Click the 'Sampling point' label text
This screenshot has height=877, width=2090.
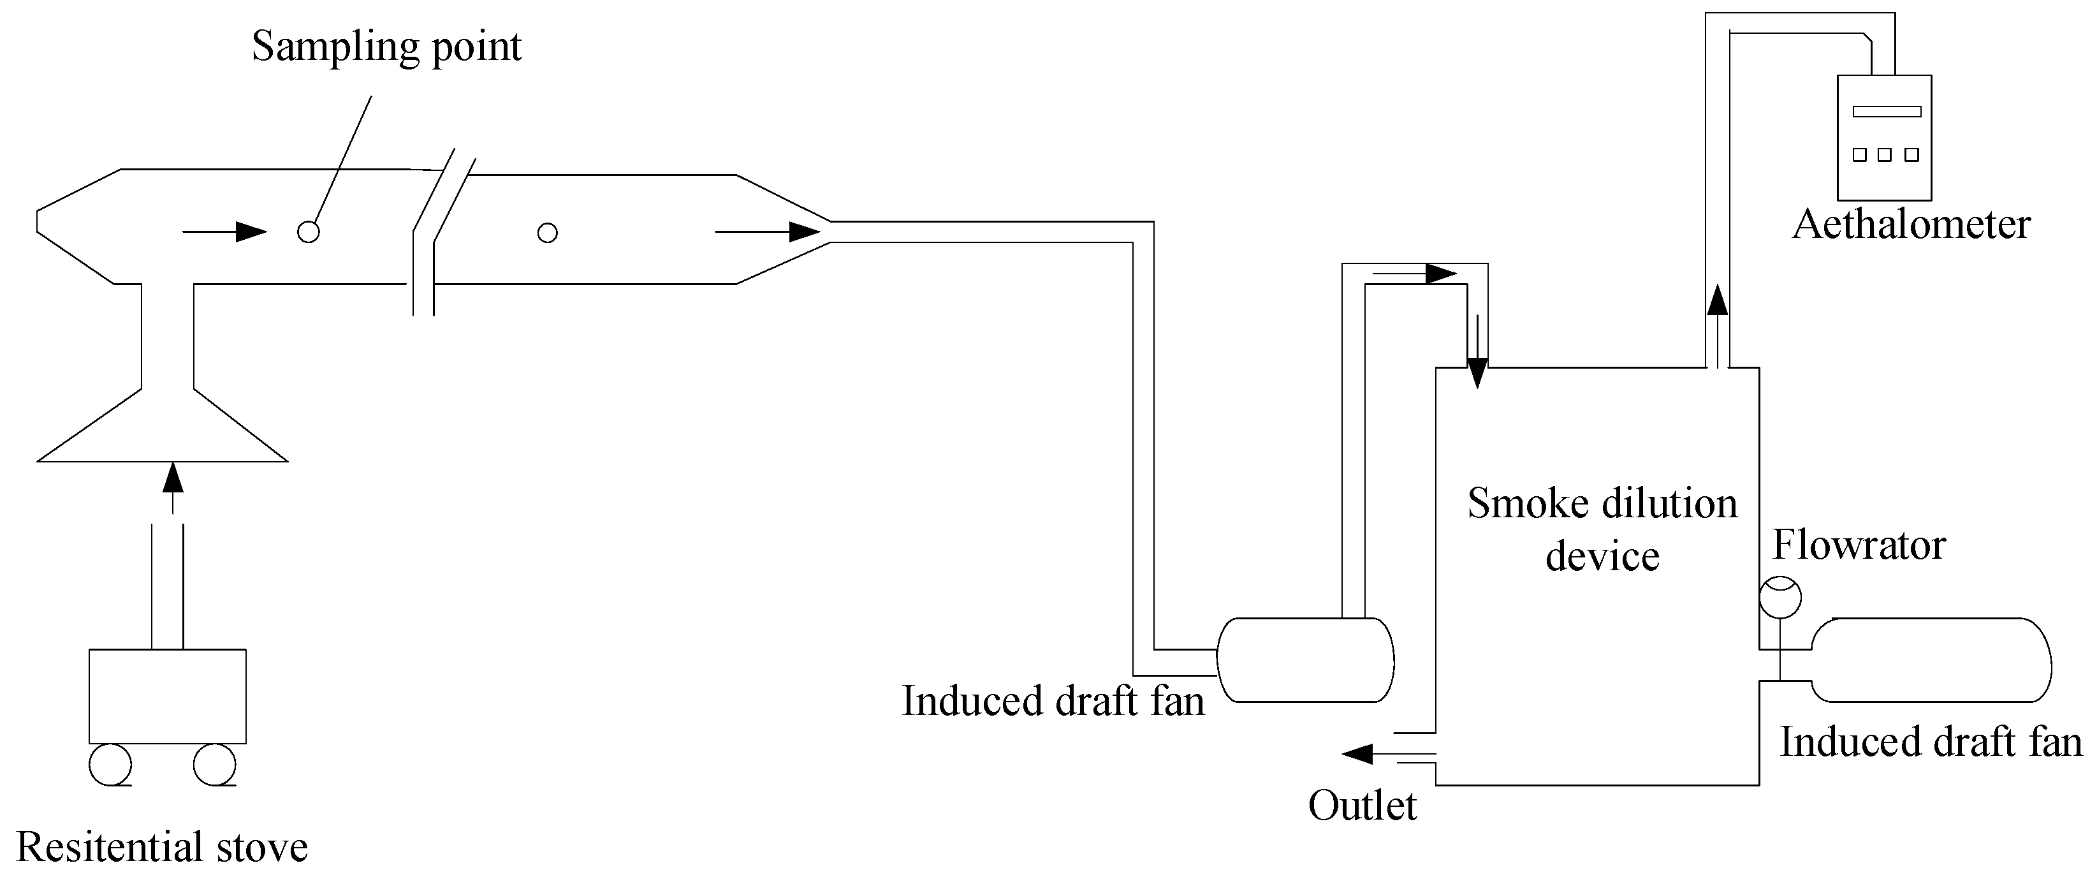pos(386,47)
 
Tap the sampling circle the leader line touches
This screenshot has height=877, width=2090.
pos(309,232)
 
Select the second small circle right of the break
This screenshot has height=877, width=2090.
pos(548,233)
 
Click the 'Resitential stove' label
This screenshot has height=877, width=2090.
pos(163,847)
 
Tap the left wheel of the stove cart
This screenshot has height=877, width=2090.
pos(110,764)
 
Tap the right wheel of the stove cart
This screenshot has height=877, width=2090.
pos(214,764)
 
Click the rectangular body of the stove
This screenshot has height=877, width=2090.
pos(167,695)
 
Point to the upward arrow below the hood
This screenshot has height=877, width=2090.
pos(172,487)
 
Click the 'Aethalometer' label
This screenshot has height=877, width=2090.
pos(1911,225)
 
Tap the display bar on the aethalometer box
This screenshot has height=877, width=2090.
pos(1887,111)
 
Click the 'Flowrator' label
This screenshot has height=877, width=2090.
pos(1859,545)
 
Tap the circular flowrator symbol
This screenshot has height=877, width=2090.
pos(1780,598)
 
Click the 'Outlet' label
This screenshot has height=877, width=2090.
pos(1363,806)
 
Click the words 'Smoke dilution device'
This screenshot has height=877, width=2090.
pos(1602,530)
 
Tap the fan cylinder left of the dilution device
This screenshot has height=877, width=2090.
pos(1305,660)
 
